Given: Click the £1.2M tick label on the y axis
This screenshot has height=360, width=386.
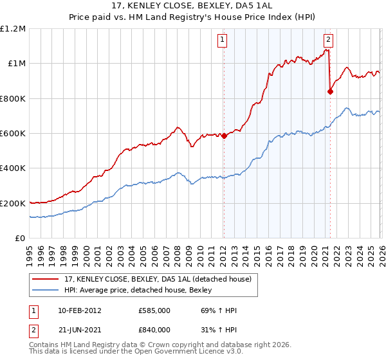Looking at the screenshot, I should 13,29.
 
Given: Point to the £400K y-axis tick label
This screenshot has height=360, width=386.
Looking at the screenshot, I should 13,168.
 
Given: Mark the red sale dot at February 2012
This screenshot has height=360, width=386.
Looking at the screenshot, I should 225,136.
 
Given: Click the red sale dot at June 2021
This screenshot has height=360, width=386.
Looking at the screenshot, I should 331,91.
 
